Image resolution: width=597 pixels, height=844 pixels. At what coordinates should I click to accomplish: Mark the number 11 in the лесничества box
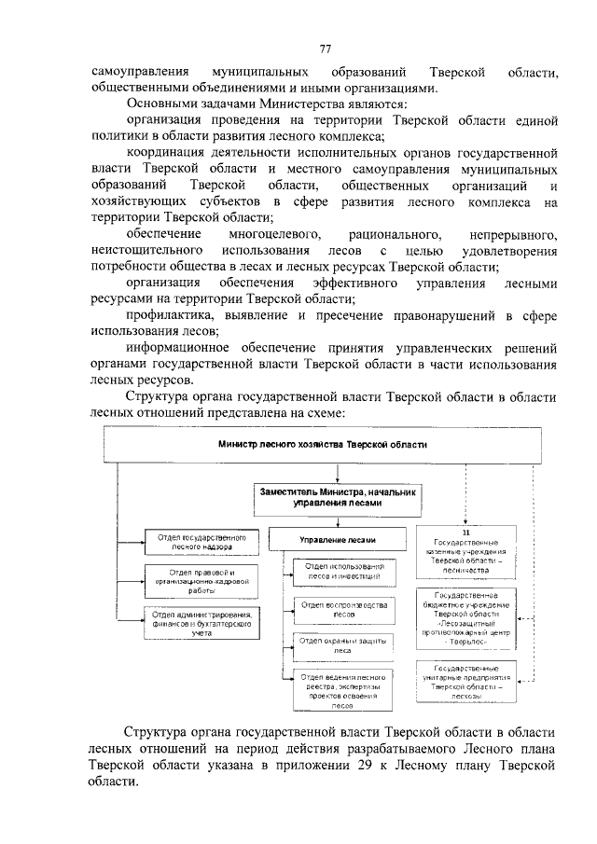(467, 532)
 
